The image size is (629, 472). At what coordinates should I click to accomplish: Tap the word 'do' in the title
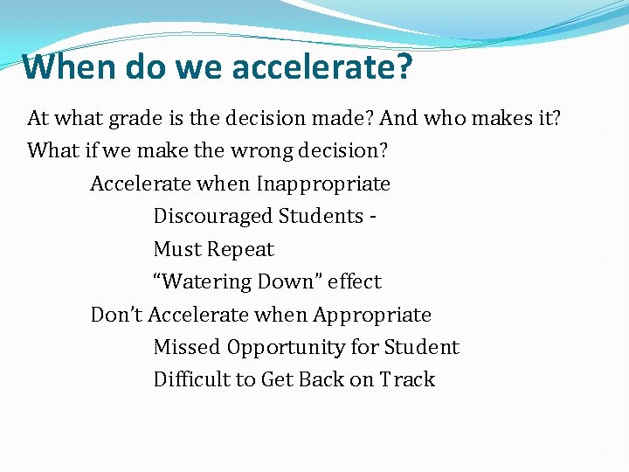(x=142, y=66)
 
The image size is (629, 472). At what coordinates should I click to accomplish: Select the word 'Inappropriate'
(x=322, y=184)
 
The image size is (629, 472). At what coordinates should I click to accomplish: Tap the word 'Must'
(x=177, y=249)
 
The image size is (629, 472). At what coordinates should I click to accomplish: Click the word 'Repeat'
(x=240, y=249)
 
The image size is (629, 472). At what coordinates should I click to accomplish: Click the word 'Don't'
(x=117, y=315)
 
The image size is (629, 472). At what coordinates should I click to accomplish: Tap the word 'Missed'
(x=187, y=347)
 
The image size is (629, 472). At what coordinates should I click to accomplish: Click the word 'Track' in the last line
(x=407, y=379)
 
